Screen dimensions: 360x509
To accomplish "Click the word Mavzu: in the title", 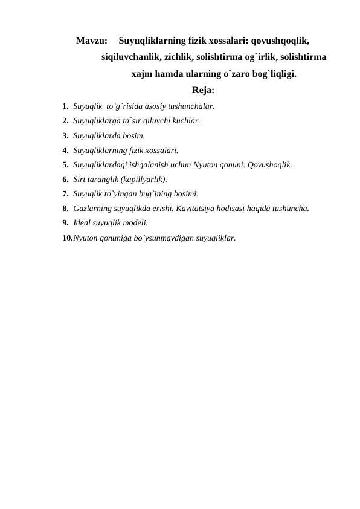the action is (92, 42).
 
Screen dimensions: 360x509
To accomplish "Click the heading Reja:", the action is (204, 91).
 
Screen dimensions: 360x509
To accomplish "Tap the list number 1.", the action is (65, 106).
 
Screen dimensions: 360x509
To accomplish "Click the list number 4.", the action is (65, 150).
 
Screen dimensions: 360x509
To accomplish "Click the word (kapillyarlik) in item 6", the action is (142, 180).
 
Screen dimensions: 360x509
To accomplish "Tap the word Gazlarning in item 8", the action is (92, 209).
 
